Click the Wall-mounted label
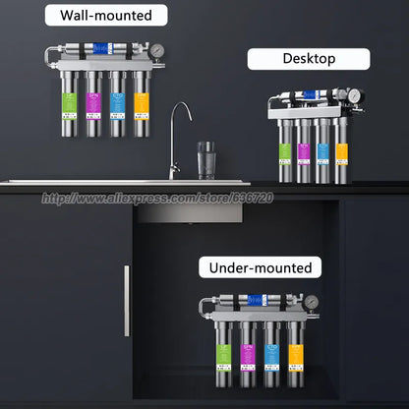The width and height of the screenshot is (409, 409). click(105, 15)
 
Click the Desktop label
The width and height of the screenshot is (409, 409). click(309, 59)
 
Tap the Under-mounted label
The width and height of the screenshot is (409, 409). click(260, 267)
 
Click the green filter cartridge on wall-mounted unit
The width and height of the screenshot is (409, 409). click(67, 104)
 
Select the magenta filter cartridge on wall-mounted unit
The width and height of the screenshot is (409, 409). click(93, 104)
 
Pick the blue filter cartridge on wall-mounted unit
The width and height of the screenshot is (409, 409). click(119, 104)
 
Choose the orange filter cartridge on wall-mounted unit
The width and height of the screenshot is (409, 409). click(145, 104)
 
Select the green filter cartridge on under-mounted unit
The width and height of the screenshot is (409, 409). click(222, 356)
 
